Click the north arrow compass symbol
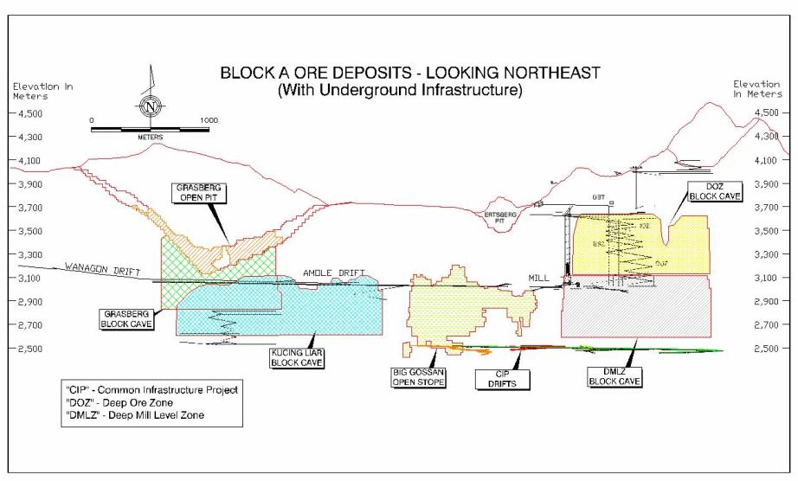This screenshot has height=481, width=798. (151, 105)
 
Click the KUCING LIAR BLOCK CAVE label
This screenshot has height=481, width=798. (297, 358)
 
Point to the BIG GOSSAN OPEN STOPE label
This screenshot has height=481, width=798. (419, 376)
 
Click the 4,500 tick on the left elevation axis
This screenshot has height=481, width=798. (26, 113)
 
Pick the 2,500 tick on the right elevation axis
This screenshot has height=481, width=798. (769, 349)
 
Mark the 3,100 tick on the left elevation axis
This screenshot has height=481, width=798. (26, 279)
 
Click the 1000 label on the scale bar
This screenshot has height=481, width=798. (209, 120)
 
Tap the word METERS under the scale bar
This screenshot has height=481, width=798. (150, 137)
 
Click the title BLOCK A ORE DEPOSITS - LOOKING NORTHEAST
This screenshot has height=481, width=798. (410, 74)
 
